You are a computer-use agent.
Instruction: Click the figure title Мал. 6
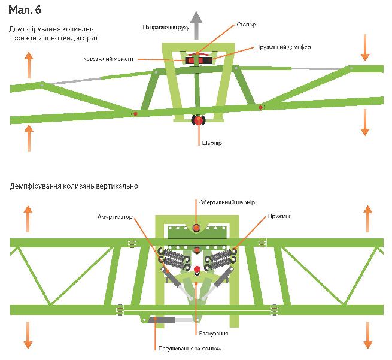(x=25, y=11)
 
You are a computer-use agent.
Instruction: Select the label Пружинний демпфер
(x=283, y=47)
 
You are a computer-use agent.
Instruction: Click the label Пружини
(x=280, y=216)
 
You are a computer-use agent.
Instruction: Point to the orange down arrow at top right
(x=365, y=48)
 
